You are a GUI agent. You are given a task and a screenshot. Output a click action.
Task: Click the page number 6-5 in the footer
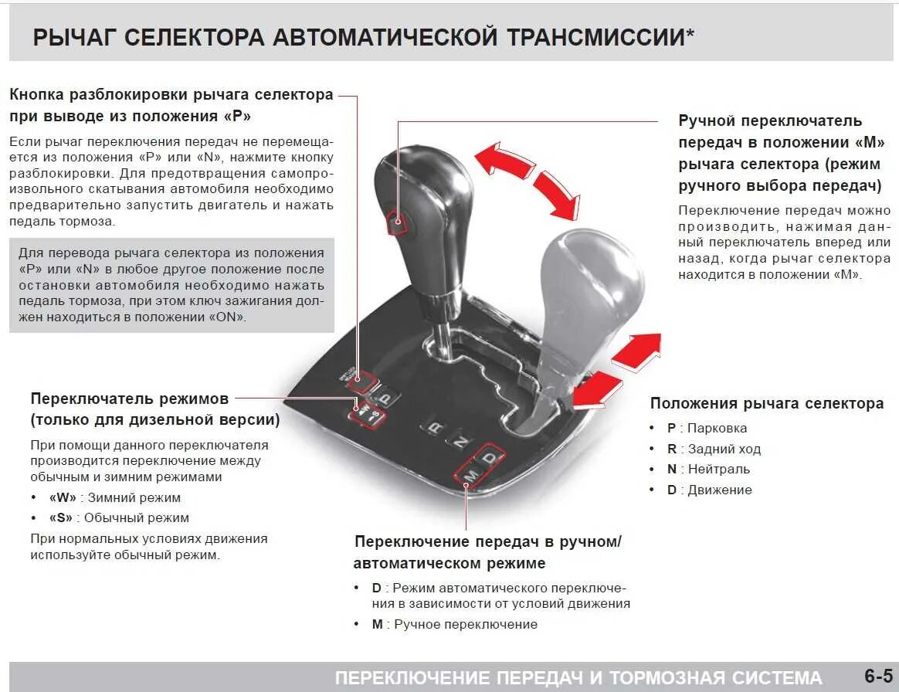tap(878, 677)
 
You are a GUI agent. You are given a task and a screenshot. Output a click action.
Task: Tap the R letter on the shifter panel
tap(436, 427)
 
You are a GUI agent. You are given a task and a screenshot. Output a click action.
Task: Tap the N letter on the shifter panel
tap(460, 442)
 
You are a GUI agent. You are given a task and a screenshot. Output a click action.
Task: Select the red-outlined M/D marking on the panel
tap(480, 466)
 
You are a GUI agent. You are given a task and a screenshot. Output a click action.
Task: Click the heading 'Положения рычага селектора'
tap(766, 403)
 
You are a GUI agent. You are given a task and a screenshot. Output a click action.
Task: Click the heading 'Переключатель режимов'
tap(130, 399)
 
